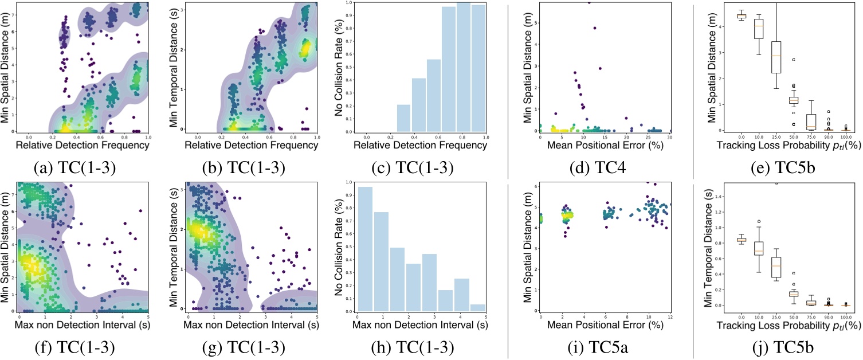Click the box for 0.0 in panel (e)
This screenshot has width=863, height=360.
(x=725, y=15)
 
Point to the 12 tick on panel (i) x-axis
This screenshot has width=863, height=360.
(x=669, y=317)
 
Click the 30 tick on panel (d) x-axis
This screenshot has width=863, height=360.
(x=669, y=137)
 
